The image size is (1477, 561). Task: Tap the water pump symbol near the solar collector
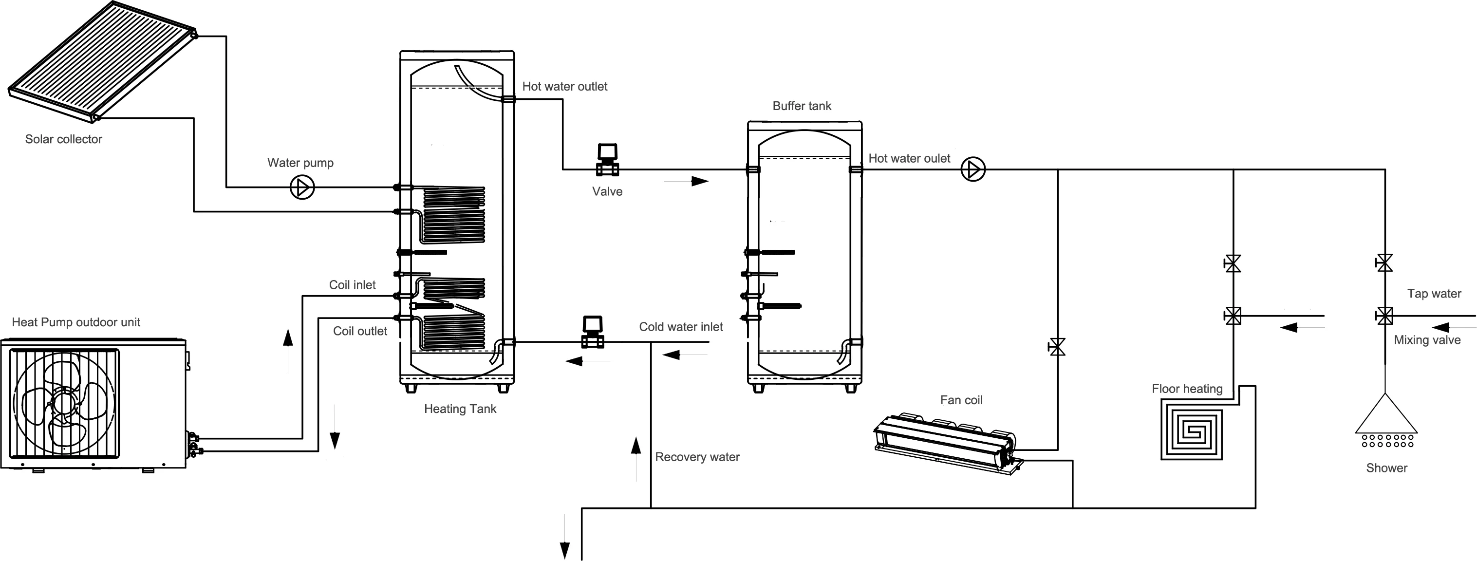[x=302, y=187]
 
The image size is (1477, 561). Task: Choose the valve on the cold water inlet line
[x=592, y=332]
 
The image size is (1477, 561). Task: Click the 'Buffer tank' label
[x=802, y=106]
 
